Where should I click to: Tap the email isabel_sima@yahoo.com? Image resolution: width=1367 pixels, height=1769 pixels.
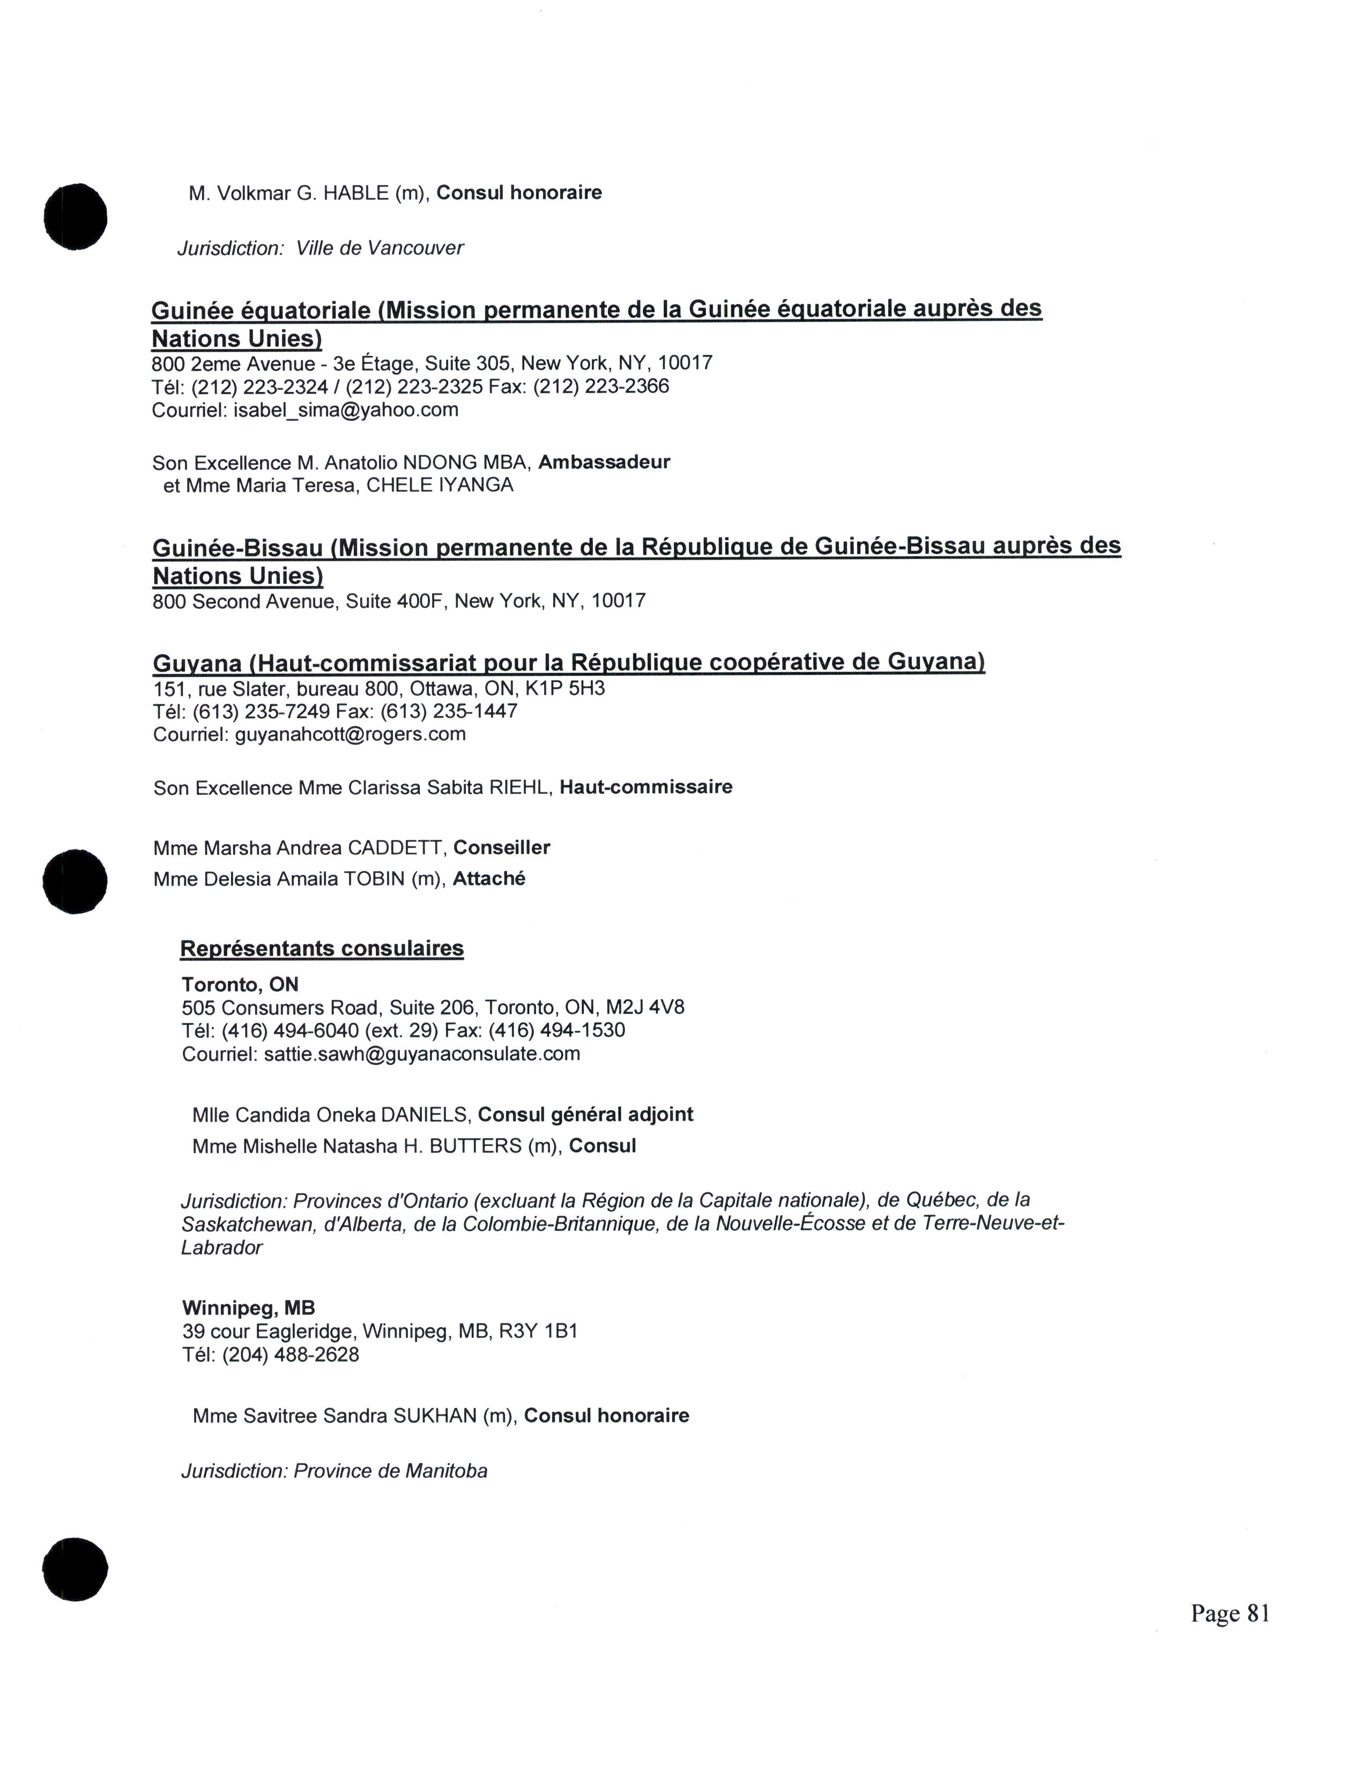click(346, 410)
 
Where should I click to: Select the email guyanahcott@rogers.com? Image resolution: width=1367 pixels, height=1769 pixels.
click(350, 734)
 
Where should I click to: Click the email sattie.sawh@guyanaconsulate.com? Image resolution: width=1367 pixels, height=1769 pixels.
click(422, 1054)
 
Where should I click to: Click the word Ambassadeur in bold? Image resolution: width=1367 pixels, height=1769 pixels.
click(604, 463)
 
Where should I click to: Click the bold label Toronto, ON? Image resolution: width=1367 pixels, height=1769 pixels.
click(240, 985)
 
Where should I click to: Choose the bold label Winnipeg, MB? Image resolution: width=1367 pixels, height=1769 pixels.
click(249, 1308)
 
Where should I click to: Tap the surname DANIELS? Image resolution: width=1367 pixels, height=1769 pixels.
click(425, 1116)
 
